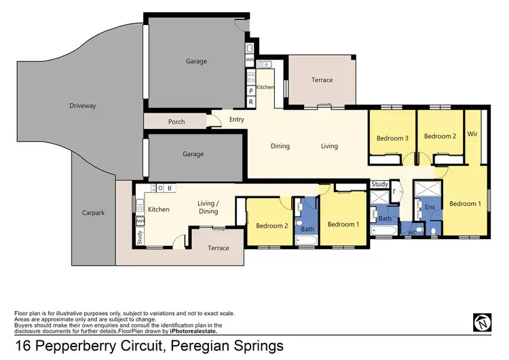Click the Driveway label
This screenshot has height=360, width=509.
pos(83,106)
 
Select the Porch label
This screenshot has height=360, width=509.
pos(176,122)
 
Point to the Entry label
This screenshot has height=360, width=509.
pos(236,120)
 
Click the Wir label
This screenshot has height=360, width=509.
pos(473,134)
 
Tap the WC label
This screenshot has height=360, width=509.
pos(411,232)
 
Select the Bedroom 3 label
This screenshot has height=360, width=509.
pos(392,138)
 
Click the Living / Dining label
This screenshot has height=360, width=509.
pos(208,207)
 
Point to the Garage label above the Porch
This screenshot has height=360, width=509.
pos(196,61)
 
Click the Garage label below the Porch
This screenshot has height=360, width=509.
pos(193,154)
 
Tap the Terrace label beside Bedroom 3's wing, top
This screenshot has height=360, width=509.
pos(322,80)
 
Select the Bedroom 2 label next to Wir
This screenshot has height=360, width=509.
pos(439,137)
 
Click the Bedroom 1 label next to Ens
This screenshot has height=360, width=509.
pos(465,203)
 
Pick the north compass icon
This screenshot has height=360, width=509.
pos(481,321)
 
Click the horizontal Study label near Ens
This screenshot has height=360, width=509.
pos(380,184)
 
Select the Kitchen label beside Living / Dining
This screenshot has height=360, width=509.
pos(159,209)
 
